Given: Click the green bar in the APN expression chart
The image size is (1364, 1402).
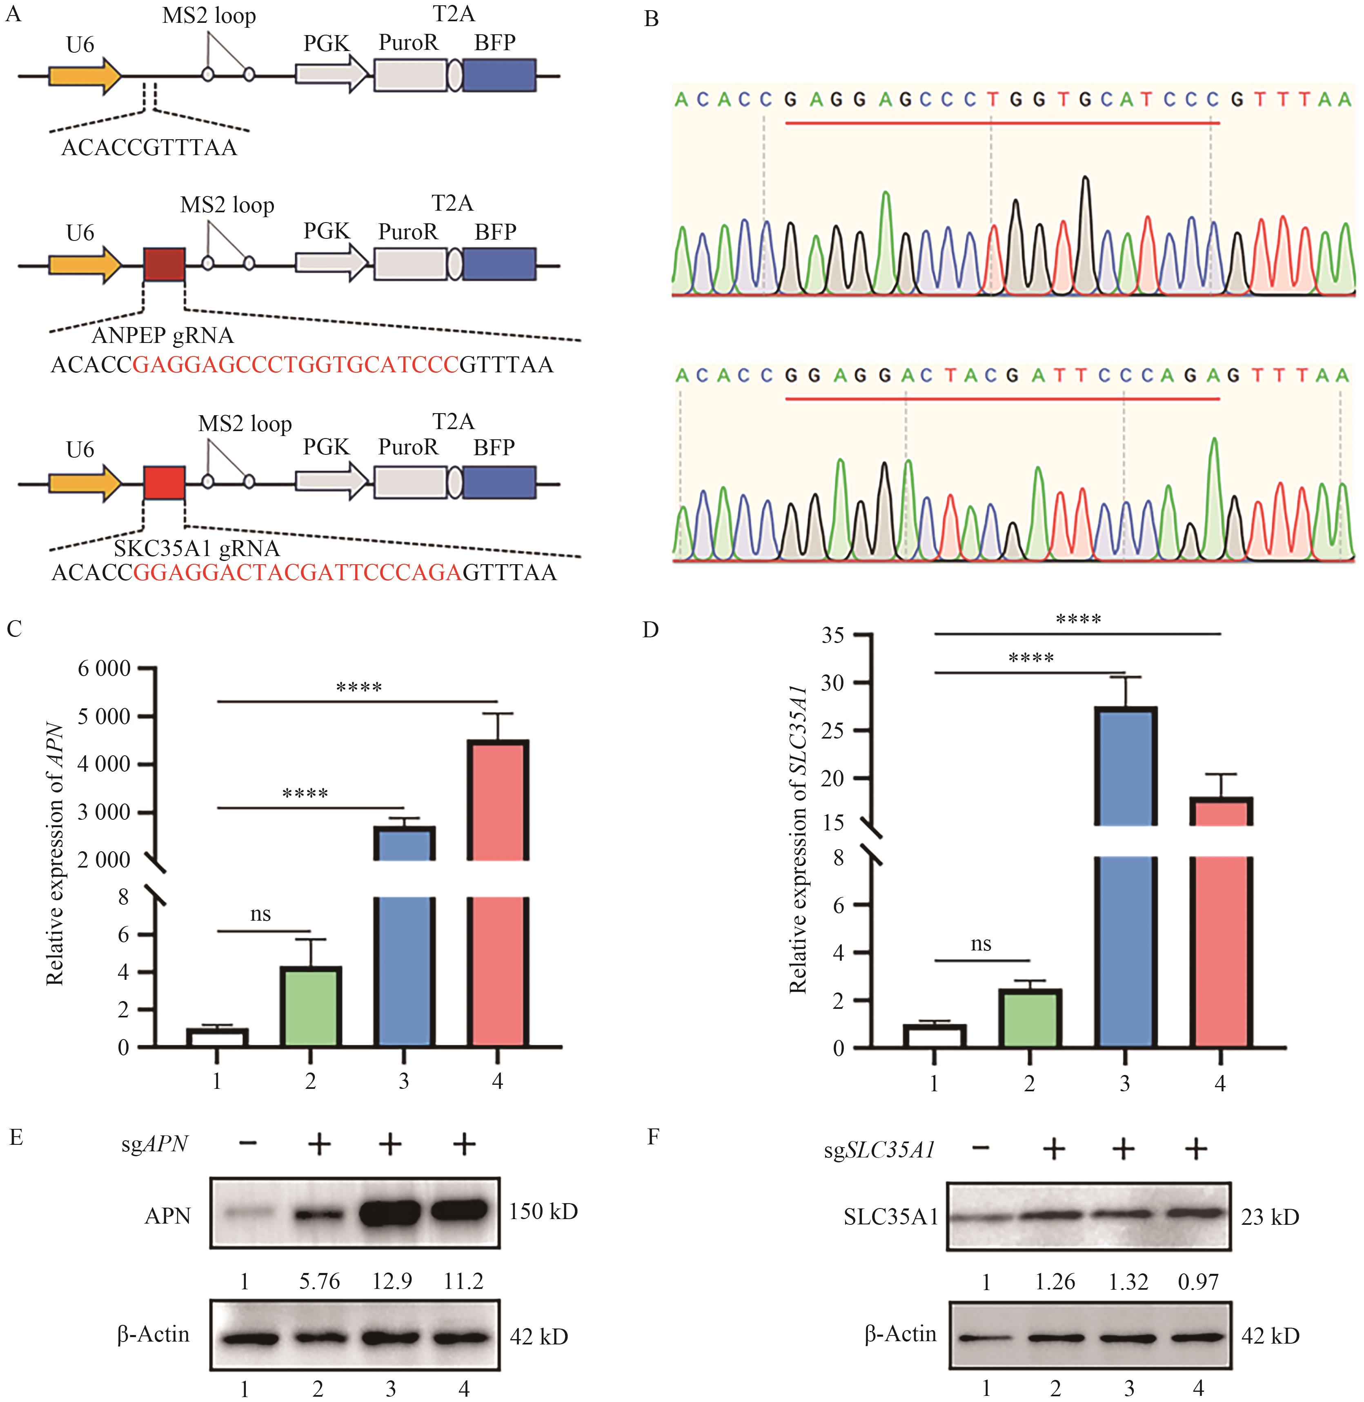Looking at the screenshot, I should click(x=310, y=1006).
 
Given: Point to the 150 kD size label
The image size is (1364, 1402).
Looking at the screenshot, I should click(x=543, y=1211).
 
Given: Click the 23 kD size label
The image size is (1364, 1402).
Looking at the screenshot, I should click(x=1270, y=1217).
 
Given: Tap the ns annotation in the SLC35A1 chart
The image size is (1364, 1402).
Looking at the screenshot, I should click(x=981, y=944).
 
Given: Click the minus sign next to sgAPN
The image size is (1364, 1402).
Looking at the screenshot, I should click(x=248, y=1144).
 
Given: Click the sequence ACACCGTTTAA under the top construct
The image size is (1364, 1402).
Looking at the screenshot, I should click(x=149, y=147).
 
